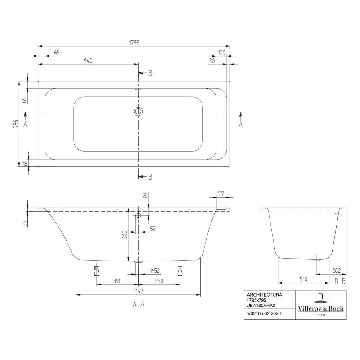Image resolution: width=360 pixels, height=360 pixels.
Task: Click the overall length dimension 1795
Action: pos(134,43)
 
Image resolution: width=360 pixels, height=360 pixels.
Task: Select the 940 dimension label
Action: pos(88,61)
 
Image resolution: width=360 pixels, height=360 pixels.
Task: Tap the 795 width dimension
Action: pos(15,124)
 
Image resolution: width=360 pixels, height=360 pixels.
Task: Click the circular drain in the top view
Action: pos(138,112)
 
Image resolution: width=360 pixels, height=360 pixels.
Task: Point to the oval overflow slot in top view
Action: pos(138,90)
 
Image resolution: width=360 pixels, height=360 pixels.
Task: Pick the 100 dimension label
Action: pos(221,53)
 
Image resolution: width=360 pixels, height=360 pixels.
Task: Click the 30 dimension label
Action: pos(212,61)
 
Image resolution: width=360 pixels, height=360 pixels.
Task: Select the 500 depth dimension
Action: pos(125,234)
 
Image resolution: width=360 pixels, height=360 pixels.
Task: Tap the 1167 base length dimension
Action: pos(138,291)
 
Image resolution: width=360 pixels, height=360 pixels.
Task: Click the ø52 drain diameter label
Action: pos(155,271)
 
